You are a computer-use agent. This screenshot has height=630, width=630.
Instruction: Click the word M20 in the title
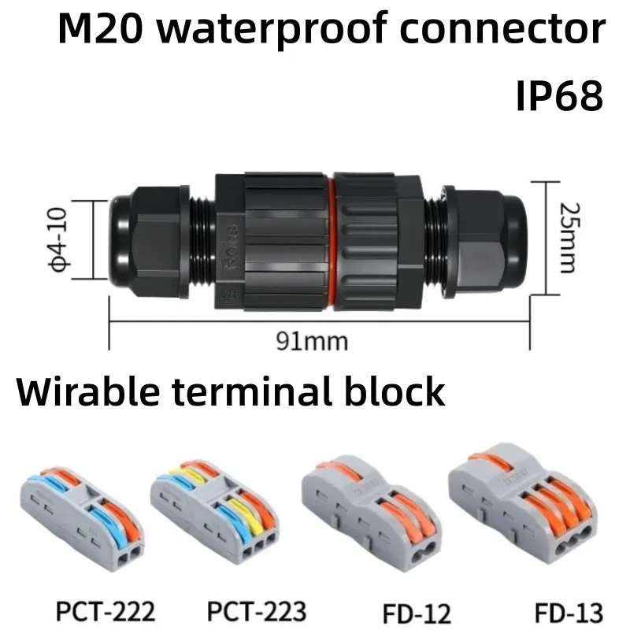[x=101, y=28]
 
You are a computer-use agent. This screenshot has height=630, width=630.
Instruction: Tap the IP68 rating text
[x=560, y=95]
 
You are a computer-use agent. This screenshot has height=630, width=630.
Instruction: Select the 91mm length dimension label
[x=312, y=342]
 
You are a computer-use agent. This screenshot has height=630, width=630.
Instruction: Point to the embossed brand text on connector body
[x=231, y=247]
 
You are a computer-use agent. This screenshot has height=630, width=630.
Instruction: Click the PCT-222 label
[x=106, y=611]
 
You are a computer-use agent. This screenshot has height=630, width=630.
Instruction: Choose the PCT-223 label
[x=257, y=611]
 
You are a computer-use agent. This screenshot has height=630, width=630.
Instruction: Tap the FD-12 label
[x=417, y=613]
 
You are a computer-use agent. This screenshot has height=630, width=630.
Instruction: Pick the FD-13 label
[x=569, y=613]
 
